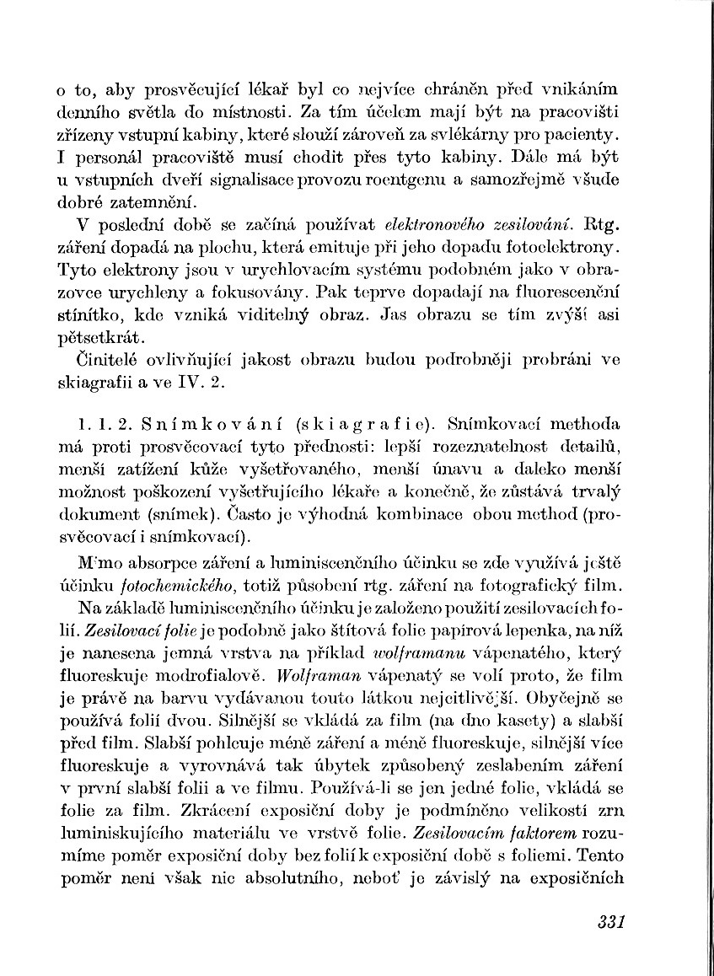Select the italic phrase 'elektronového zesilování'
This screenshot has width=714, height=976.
click(x=478, y=226)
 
